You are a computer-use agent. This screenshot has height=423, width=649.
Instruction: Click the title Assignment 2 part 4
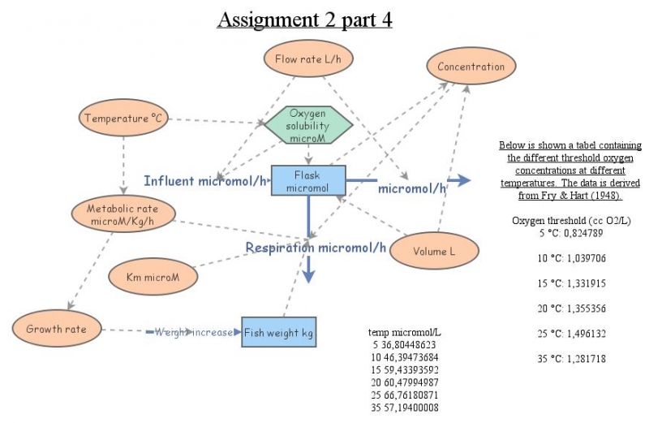304,19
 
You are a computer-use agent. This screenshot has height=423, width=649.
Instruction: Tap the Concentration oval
471,67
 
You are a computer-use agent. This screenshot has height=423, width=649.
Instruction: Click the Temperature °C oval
123,119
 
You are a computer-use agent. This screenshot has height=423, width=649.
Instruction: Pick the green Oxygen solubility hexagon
307,127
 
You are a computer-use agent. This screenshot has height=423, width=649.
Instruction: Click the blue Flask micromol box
308,180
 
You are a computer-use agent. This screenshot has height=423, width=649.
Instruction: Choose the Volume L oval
434,251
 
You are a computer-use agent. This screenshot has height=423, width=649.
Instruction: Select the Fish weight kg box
278,332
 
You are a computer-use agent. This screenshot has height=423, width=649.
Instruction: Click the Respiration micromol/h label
316,248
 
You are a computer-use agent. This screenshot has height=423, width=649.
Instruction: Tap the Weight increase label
193,332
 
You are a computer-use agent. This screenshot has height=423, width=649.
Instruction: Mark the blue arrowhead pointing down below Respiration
308,277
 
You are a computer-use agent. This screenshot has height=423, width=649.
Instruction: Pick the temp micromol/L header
404,332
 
